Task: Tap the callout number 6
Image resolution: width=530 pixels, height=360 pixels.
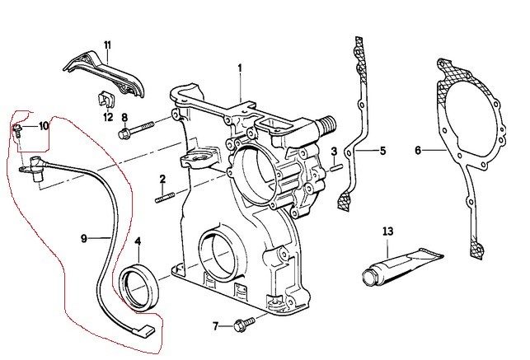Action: tap(418, 151)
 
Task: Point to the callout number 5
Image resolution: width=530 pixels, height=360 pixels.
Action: tap(382, 151)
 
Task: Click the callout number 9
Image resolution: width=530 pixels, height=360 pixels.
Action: tap(84, 238)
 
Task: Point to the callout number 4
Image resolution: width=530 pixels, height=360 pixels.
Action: tap(138, 241)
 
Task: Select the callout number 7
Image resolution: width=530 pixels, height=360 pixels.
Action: tap(215, 326)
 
